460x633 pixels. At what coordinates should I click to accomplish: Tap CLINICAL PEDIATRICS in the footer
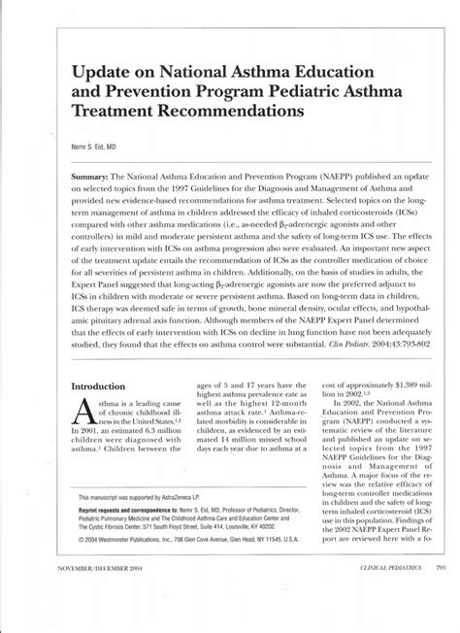(x=374, y=589)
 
